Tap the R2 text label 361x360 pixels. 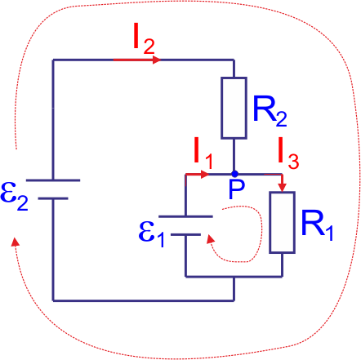(270, 111)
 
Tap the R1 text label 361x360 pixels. (318, 224)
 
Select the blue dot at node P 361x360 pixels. (234, 174)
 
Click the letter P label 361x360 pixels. (237, 189)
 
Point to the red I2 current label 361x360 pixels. (145, 39)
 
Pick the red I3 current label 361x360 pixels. (288, 153)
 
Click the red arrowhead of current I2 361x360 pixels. (157, 60)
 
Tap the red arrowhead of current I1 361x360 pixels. (205, 174)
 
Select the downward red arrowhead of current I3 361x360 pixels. (283, 187)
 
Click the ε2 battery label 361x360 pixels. (14, 196)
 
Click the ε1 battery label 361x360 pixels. (152, 233)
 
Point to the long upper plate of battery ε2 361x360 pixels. (53, 180)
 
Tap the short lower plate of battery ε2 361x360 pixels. (53, 198)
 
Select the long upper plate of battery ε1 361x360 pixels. (185, 216)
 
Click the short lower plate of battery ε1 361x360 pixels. (185, 234)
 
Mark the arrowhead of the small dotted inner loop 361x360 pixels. (210, 238)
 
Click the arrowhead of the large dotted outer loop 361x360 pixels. (16, 242)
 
